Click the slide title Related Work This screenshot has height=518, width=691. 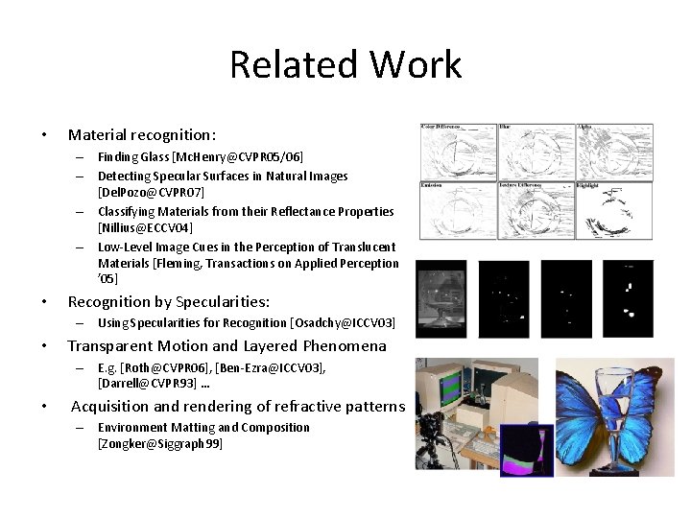click(x=345, y=65)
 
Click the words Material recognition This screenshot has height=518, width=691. click(x=141, y=135)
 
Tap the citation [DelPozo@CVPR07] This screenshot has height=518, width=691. click(x=151, y=193)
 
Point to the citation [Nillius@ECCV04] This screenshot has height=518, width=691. click(x=145, y=228)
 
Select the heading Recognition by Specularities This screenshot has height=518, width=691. click(x=168, y=301)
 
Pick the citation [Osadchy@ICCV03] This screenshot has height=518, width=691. click(x=343, y=323)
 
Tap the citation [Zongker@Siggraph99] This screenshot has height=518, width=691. click(x=159, y=444)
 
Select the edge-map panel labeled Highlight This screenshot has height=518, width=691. click(x=614, y=210)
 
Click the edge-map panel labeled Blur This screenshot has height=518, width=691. click(x=536, y=151)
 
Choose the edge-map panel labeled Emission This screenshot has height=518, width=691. click(x=457, y=210)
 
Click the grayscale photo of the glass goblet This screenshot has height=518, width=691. click(x=441, y=299)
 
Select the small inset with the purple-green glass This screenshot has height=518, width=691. click(x=527, y=451)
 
